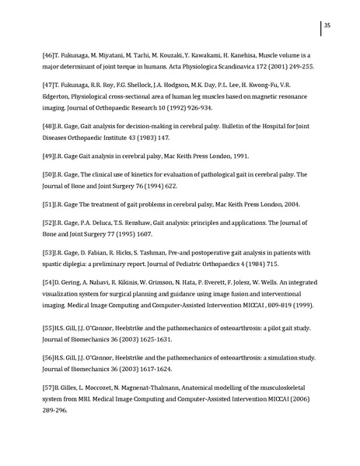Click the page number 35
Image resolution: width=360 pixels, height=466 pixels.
click(328, 26)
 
